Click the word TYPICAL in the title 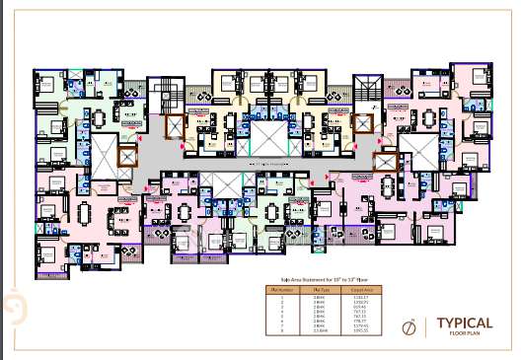point(465,323)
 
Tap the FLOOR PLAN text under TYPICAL point(465,335)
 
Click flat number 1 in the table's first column point(281,297)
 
